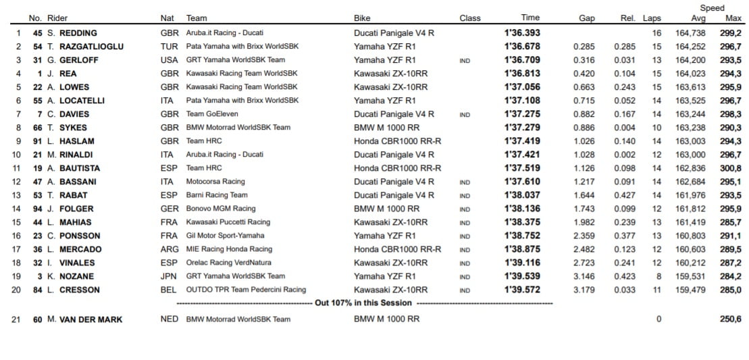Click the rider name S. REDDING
[x=72, y=33]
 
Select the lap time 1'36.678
[x=522, y=47]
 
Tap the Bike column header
[x=362, y=18]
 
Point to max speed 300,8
[x=730, y=168]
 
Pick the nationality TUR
[x=170, y=47]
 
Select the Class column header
[x=470, y=18]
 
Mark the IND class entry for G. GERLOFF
[x=465, y=60]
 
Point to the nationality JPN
[x=170, y=276]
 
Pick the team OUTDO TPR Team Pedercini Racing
[x=246, y=290]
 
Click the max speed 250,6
[x=730, y=319]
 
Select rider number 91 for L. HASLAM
[x=38, y=141]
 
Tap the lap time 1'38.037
[x=522, y=195]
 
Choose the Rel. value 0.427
[x=625, y=195]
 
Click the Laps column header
[x=652, y=18]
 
